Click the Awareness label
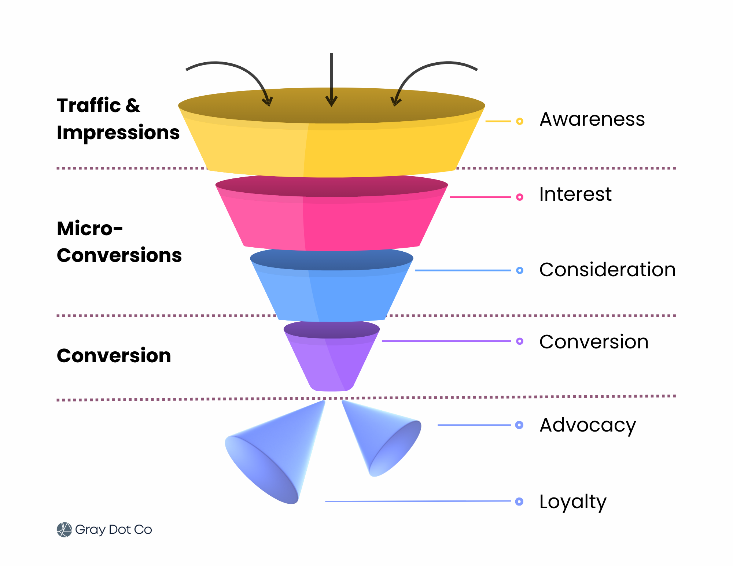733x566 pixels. (592, 119)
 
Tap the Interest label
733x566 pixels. (575, 194)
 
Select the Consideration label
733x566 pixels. (607, 270)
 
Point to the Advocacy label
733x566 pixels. (587, 425)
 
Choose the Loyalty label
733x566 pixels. (572, 502)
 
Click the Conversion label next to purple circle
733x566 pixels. (594, 342)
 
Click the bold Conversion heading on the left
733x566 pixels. (114, 356)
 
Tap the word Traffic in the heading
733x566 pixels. (89, 106)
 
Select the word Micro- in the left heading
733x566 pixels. (90, 229)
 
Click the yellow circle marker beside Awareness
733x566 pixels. (519, 121)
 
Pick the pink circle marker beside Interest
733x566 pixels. (519, 197)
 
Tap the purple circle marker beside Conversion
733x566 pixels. (519, 341)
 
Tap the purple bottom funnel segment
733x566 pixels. (332, 363)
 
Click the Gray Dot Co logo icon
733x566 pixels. (64, 530)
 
